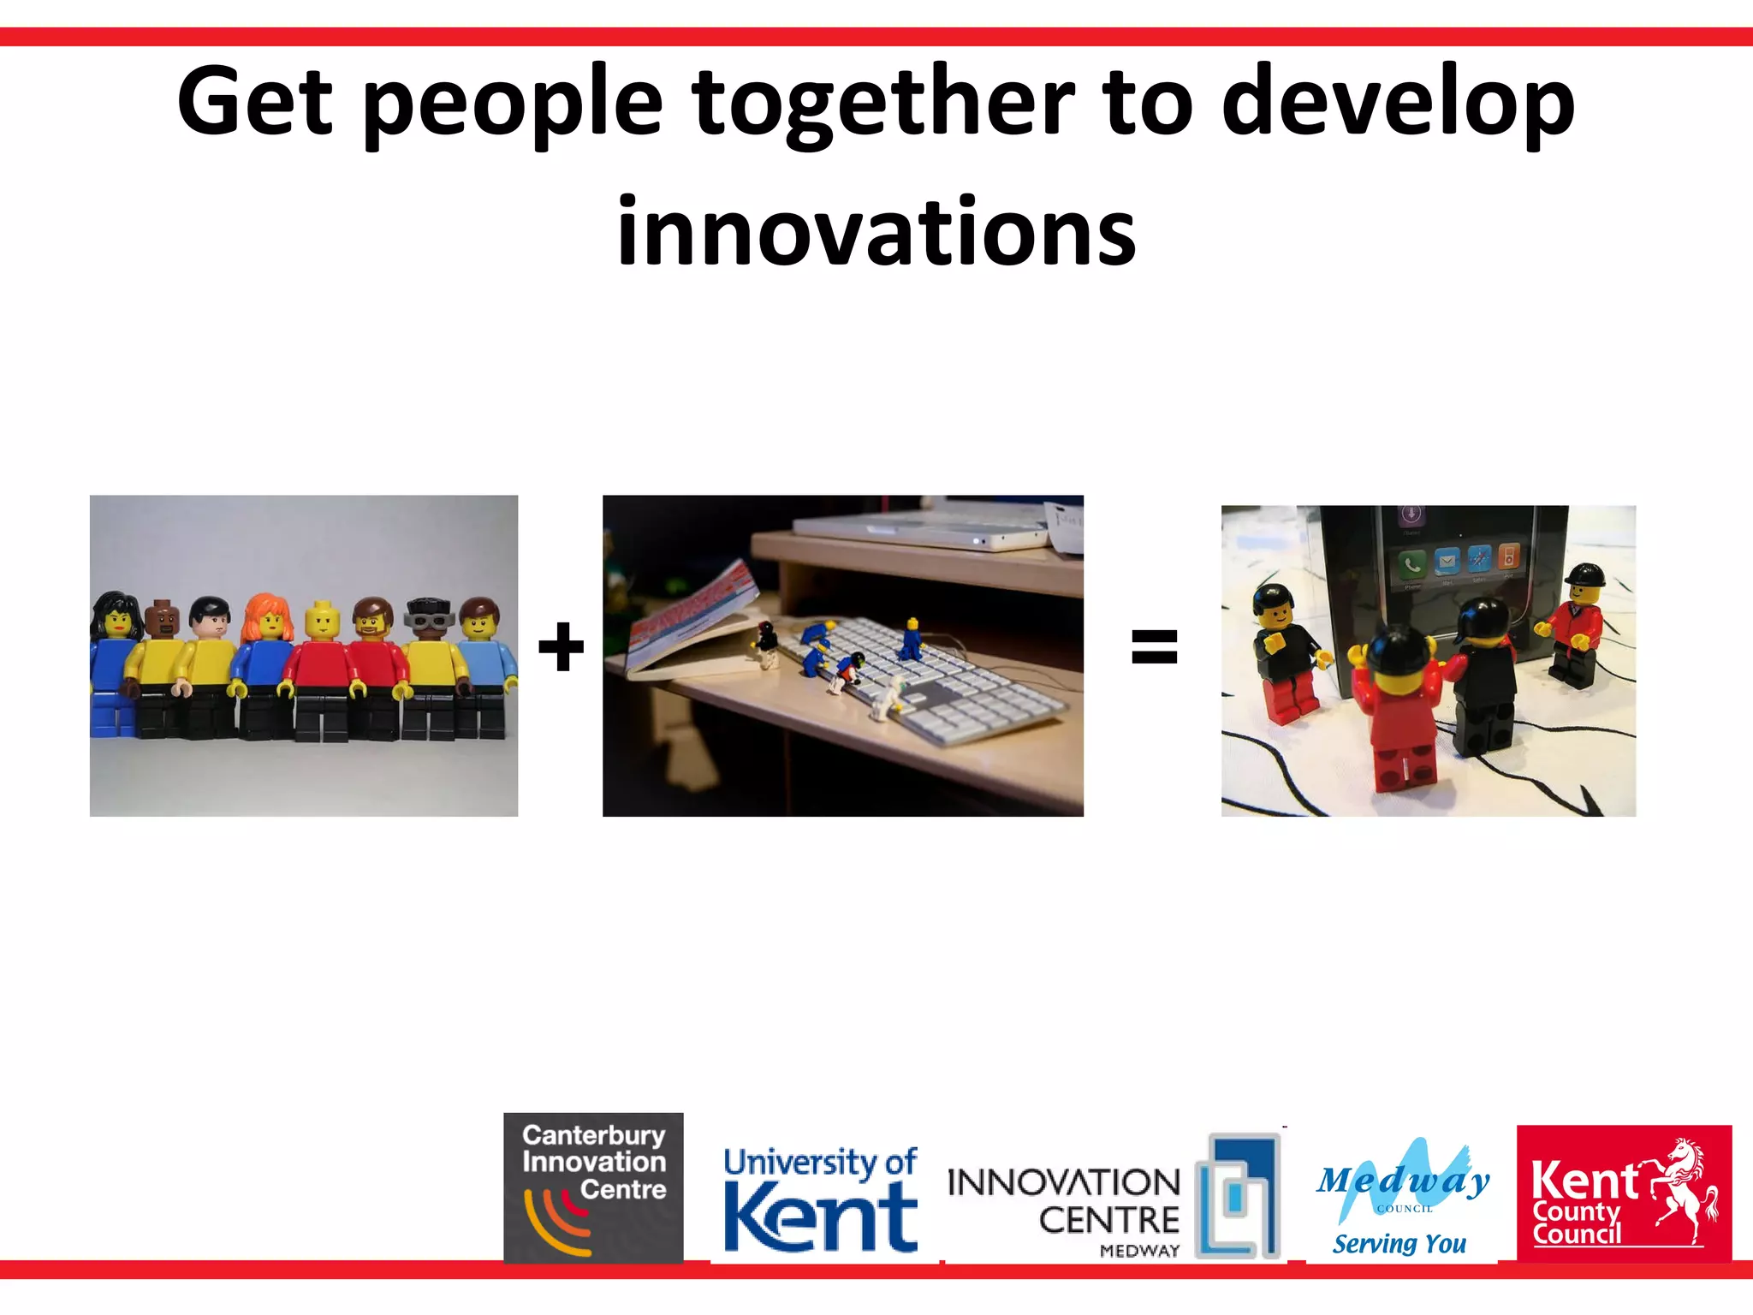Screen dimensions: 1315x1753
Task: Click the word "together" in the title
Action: [882, 103]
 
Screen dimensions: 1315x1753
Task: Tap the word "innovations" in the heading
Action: [876, 231]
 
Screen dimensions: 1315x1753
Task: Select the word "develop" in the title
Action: [1398, 103]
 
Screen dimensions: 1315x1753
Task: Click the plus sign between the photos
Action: [561, 647]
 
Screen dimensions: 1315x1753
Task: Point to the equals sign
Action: [1154, 646]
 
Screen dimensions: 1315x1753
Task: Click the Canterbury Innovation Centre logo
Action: [593, 1187]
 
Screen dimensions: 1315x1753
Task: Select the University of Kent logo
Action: [820, 1199]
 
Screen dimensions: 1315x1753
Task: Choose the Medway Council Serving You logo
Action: [1402, 1196]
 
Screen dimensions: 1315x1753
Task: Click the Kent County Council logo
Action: [1624, 1193]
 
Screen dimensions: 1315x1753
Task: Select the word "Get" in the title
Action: [254, 103]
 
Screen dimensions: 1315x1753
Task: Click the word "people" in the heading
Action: [513, 103]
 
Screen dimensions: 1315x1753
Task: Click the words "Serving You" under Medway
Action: [1399, 1243]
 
